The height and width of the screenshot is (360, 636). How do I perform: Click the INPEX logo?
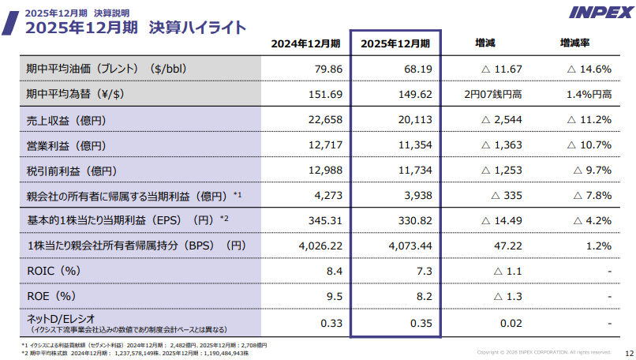point(601,13)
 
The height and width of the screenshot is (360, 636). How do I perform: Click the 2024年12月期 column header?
point(305,43)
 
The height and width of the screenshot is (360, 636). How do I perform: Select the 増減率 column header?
point(574,43)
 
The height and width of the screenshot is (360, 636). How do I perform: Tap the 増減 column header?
point(485,43)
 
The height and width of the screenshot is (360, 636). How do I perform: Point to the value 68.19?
point(417,69)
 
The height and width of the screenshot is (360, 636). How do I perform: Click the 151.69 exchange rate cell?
point(325,94)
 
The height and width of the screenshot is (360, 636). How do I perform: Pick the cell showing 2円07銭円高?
point(493,94)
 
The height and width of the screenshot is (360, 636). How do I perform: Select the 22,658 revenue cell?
point(325,120)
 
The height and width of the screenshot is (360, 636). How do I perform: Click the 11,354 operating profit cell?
point(415,145)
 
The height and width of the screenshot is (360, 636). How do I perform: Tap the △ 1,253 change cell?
point(501,170)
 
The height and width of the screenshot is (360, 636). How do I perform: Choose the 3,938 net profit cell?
point(417,195)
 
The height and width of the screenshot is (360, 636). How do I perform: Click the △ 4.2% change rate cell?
point(592,221)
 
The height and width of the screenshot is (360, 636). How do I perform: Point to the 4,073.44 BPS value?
point(410,246)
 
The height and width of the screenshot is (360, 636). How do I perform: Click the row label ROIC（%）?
point(54,271)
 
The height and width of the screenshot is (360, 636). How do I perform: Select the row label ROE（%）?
point(51,296)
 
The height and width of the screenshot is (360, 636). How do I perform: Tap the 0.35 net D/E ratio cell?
point(421,323)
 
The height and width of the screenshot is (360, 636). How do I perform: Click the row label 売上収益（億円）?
point(66,121)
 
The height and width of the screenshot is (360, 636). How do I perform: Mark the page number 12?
point(629,354)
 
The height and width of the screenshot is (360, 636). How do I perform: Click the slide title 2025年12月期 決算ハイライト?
point(136,28)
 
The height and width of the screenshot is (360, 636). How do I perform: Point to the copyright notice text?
point(544,352)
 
